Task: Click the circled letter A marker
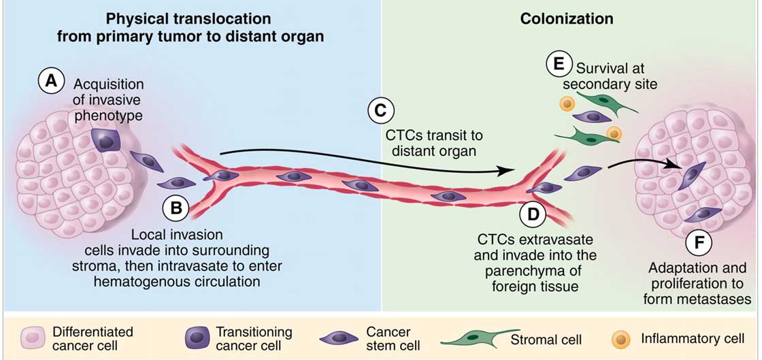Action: pos(51,82)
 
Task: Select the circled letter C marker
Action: pos(380,111)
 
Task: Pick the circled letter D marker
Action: pos(533,214)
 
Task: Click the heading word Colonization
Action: pos(567,20)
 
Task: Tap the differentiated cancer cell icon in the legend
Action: pos(32,338)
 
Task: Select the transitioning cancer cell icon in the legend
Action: pos(198,338)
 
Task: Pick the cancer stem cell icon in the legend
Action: pos(339,338)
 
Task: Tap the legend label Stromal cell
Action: pos(547,338)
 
